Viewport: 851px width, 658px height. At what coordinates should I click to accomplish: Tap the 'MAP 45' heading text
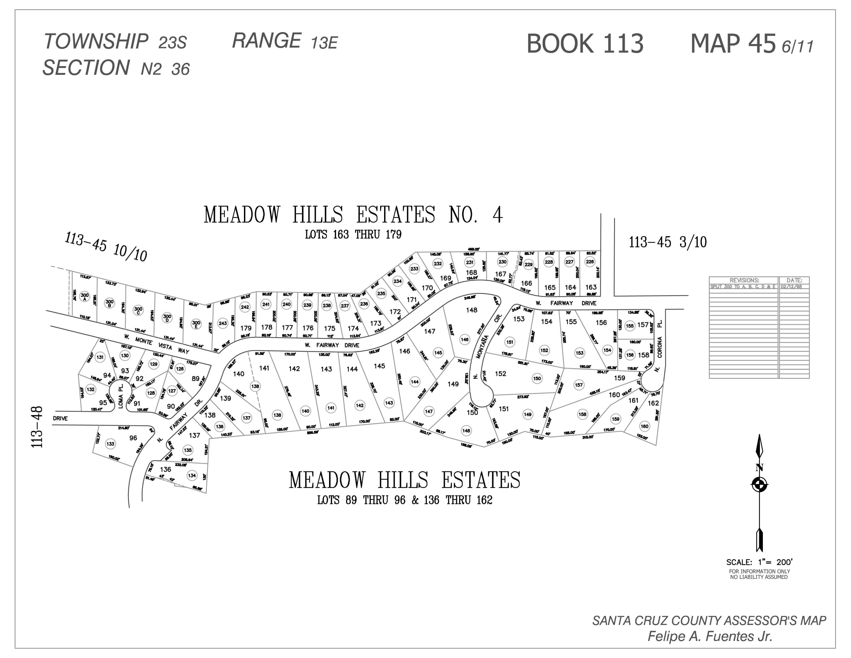(733, 44)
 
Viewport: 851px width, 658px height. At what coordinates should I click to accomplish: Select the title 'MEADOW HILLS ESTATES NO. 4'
(353, 215)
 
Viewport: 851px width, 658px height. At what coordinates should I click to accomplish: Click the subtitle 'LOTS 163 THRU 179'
(353, 234)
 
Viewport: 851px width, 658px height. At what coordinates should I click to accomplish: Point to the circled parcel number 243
(223, 323)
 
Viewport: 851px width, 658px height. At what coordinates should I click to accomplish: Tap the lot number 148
(472, 310)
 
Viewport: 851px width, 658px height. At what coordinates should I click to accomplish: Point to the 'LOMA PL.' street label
(120, 396)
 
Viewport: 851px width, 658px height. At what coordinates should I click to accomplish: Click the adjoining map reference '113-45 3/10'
(667, 242)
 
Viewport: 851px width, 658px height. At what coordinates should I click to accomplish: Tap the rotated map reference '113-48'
(37, 427)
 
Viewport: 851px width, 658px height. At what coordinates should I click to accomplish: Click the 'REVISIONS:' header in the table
(744, 280)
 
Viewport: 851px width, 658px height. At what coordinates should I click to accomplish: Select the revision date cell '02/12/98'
(791, 287)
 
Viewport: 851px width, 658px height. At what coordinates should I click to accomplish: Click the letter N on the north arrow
(759, 468)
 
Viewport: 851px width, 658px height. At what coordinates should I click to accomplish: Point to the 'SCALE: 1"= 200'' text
(759, 562)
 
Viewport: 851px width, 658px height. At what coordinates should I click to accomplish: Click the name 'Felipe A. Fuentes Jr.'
(710, 636)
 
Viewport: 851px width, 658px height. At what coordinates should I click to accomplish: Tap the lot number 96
(133, 438)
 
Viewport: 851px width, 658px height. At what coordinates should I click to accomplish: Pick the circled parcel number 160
(644, 426)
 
